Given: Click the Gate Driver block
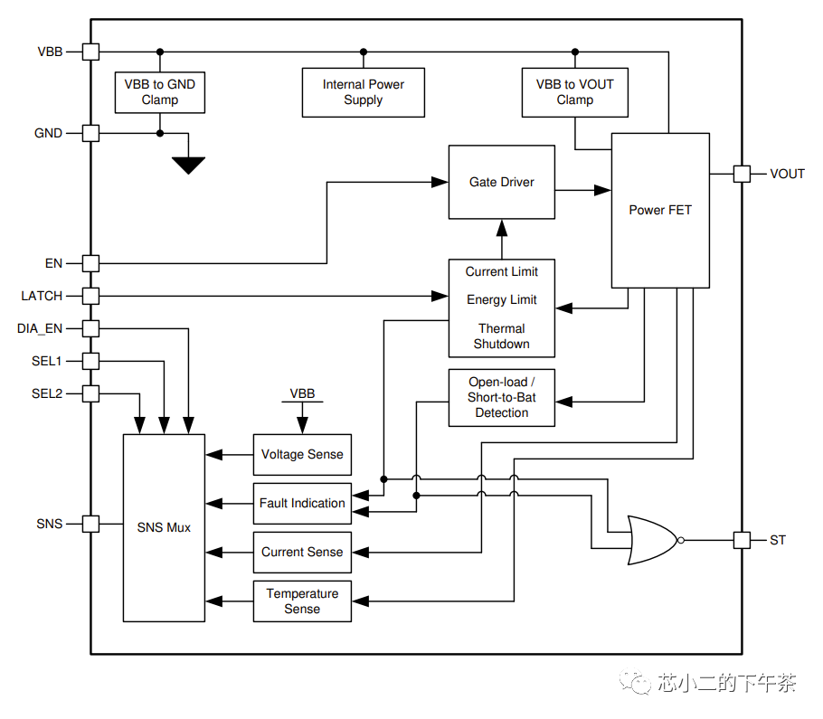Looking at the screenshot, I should (502, 182).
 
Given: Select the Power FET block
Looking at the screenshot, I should (660, 210).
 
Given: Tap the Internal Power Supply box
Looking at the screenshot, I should (363, 92).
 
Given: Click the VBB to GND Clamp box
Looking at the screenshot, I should (159, 92).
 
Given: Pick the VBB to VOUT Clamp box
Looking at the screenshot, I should (574, 92).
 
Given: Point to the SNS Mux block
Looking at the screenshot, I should (164, 527).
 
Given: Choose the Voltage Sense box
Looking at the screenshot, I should (302, 454).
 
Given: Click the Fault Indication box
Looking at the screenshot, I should (302, 503).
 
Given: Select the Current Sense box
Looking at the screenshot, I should (302, 552).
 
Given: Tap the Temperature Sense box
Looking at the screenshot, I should (302, 601).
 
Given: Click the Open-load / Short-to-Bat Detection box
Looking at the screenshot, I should (502, 398).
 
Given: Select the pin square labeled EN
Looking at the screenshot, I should (90, 263).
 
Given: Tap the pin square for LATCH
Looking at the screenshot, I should (90, 296).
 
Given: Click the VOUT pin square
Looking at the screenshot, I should (742, 174).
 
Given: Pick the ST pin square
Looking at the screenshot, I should (742, 540).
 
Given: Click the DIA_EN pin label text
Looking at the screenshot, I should (40, 328).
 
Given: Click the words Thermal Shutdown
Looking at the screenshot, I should (502, 336).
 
